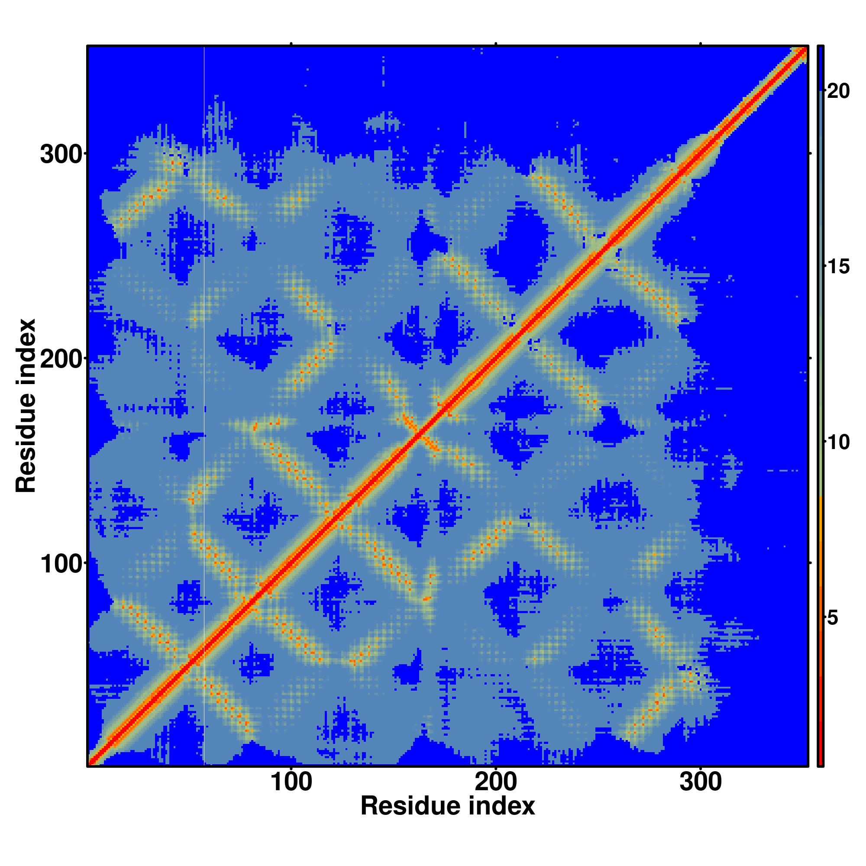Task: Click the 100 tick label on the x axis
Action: tap(291, 782)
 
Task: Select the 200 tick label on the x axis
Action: tap(496, 782)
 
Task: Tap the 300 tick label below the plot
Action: tap(700, 782)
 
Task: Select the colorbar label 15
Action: tap(838, 267)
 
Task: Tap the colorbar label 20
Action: tap(838, 91)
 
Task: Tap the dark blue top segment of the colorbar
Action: tap(820, 67)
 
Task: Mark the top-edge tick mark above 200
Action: tap(496, 43)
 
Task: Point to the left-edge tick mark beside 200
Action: tap(85, 359)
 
